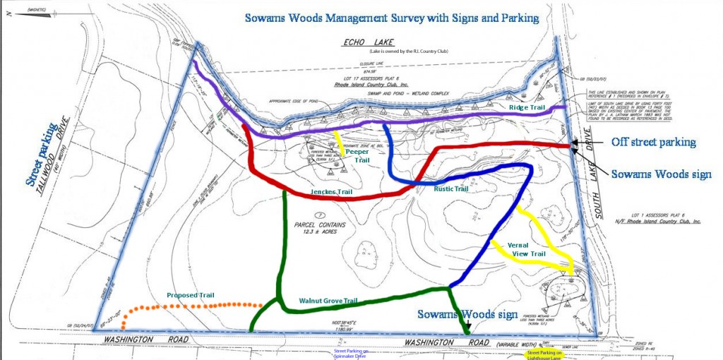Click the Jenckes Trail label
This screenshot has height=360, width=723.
330,191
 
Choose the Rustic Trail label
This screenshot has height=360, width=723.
451,188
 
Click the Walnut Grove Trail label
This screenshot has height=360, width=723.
328,301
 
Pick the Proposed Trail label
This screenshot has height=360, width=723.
191,294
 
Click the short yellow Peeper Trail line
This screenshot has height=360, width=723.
341,143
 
